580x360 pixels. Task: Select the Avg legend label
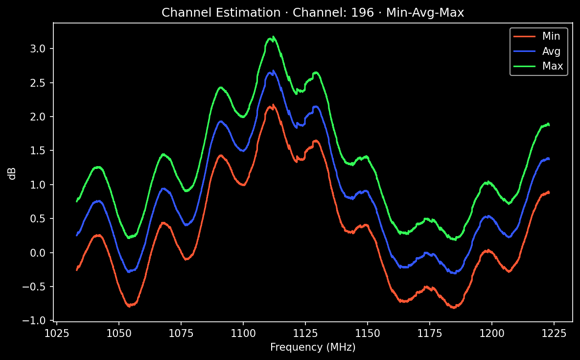[x=551, y=50]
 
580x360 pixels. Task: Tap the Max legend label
[x=552, y=66]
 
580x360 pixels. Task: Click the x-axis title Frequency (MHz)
[x=313, y=347]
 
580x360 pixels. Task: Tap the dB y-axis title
[x=12, y=173]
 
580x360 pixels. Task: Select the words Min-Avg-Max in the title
[x=425, y=13]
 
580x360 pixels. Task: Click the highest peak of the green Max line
[x=273, y=37]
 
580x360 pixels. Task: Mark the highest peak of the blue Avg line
[x=273, y=71]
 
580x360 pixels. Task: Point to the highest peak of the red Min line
[x=273, y=104]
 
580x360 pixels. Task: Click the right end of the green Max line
[x=549, y=125]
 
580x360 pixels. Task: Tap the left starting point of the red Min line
[x=77, y=270]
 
